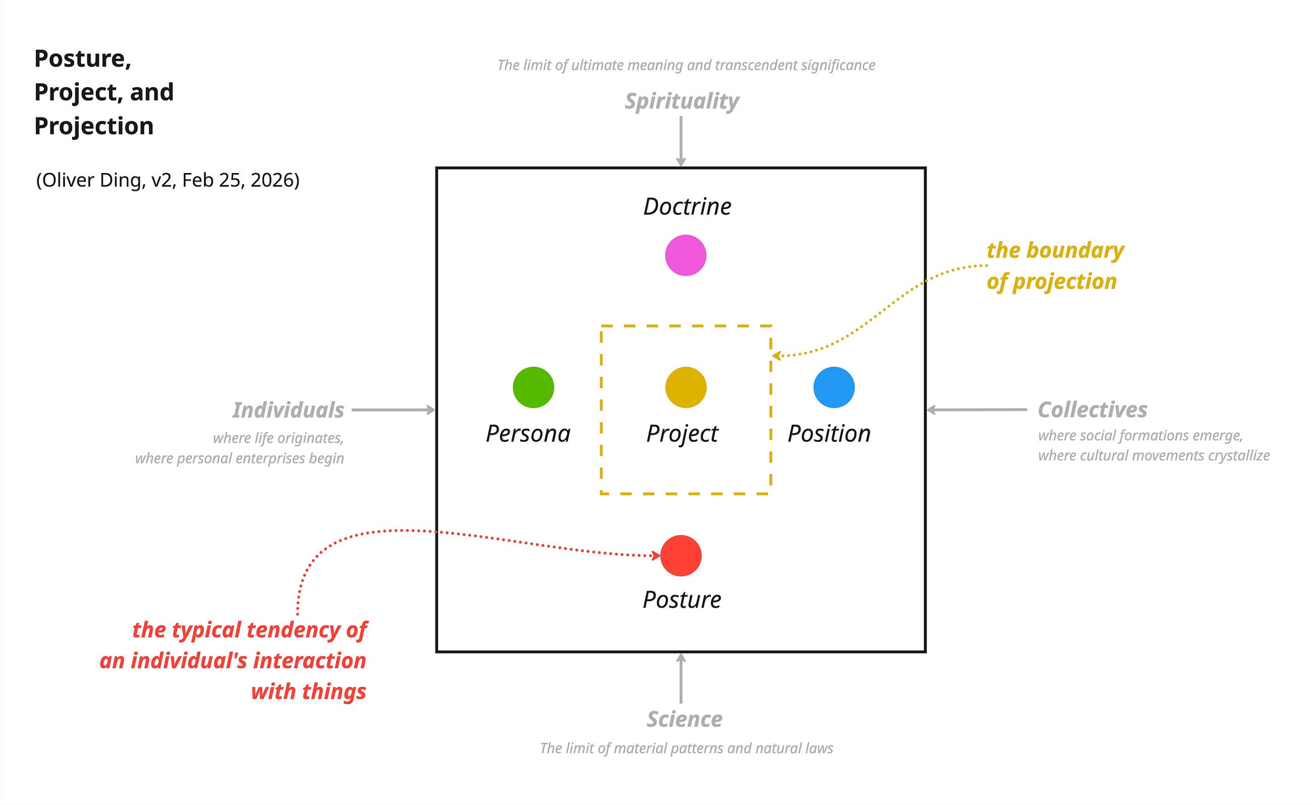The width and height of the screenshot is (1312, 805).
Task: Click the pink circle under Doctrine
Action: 686,256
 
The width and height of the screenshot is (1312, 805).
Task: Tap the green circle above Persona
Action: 533,387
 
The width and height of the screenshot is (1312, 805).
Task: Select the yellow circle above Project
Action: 686,387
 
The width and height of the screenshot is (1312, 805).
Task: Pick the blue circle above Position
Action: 834,387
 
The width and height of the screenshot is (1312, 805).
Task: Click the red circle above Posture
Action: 681,556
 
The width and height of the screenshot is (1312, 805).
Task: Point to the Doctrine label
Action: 687,206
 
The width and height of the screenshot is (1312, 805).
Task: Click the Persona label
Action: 528,434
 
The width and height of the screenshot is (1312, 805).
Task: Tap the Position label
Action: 829,434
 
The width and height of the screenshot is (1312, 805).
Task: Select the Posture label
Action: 682,600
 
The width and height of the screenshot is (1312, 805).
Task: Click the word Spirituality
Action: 682,102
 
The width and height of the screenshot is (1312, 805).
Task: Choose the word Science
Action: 684,719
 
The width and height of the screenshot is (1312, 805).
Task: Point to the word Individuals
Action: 288,410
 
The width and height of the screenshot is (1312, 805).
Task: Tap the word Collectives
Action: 1092,410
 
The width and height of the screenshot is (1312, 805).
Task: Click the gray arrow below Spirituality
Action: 681,141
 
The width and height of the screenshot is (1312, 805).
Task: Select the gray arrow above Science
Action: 681,678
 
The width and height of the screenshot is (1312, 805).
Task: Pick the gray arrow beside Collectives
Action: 977,410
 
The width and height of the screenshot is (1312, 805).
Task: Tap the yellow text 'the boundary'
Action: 1055,250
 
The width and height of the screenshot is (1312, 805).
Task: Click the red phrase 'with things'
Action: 308,692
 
